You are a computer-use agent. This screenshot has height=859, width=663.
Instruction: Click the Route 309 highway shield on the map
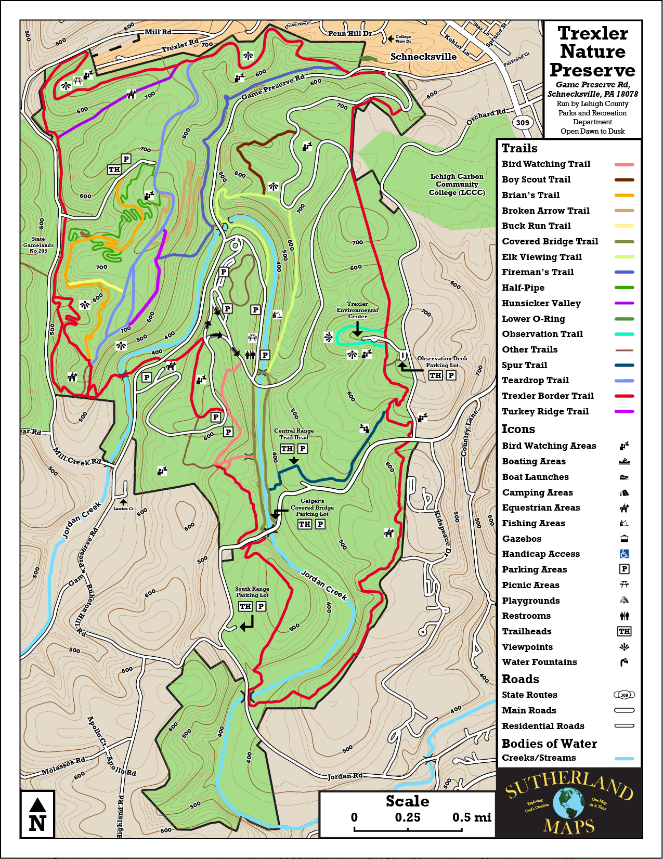523,123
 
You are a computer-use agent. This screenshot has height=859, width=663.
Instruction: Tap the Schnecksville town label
423,57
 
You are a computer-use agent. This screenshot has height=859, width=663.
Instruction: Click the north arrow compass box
37,815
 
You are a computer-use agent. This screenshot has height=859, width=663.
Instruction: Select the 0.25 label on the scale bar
408,817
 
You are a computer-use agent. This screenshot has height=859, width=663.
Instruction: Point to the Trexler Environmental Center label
357,310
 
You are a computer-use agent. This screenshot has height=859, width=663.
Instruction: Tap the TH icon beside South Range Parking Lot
245,606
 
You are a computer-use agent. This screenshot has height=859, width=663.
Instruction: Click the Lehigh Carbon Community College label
457,185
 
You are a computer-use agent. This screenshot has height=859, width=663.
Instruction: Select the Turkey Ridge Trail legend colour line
624,411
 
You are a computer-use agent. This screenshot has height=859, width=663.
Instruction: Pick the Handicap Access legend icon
624,554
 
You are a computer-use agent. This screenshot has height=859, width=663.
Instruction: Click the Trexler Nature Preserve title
592,51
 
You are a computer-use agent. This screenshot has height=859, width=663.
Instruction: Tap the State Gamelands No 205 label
38,245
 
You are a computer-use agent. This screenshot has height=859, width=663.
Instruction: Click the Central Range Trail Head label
294,434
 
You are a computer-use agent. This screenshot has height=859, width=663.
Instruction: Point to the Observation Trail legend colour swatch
624,334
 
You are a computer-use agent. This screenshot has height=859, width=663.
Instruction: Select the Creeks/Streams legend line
624,758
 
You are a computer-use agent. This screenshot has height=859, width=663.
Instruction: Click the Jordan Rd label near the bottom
345,776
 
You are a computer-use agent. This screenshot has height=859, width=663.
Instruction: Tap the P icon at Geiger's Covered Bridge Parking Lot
320,524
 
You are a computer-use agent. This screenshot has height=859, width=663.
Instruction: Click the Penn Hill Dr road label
350,33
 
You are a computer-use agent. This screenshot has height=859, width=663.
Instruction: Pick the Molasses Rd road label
63,766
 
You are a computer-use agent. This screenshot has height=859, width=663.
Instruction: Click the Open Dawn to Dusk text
592,132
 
